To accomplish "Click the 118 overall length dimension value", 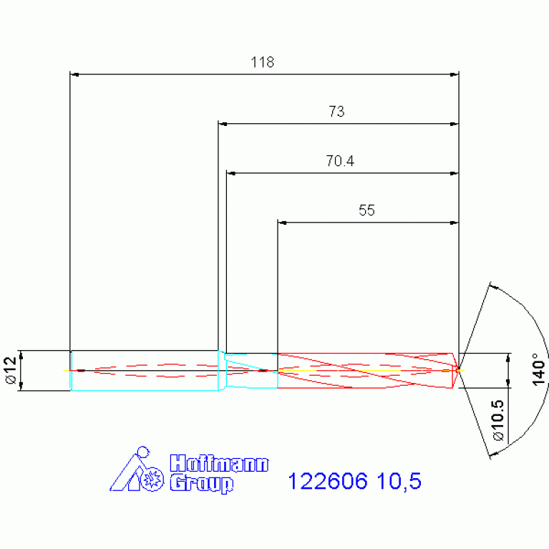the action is click(x=262, y=62).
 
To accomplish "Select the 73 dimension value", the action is click(x=336, y=112).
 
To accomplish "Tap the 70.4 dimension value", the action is click(x=340, y=161).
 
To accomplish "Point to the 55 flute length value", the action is click(x=366, y=210).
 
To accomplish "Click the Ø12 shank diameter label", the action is click(x=11, y=370).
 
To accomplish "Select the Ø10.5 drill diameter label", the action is click(x=498, y=420).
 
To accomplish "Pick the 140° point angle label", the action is click(x=538, y=369).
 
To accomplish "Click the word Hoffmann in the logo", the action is click(x=219, y=464).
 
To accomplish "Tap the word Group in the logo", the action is click(x=202, y=484).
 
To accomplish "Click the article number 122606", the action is click(x=328, y=481).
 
